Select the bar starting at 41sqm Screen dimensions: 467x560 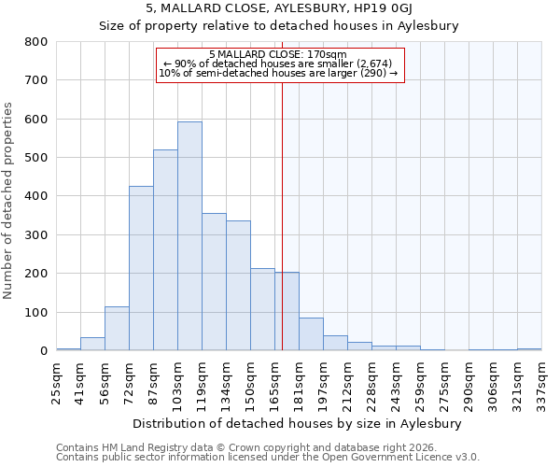coord(92,344)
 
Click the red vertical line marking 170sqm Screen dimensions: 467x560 coord(282,215)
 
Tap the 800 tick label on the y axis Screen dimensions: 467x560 coord(36,42)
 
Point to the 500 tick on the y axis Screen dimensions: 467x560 coord(36,158)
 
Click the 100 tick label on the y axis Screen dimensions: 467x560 coord(36,312)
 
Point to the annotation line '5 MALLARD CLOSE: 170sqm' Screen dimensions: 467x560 coord(278,54)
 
